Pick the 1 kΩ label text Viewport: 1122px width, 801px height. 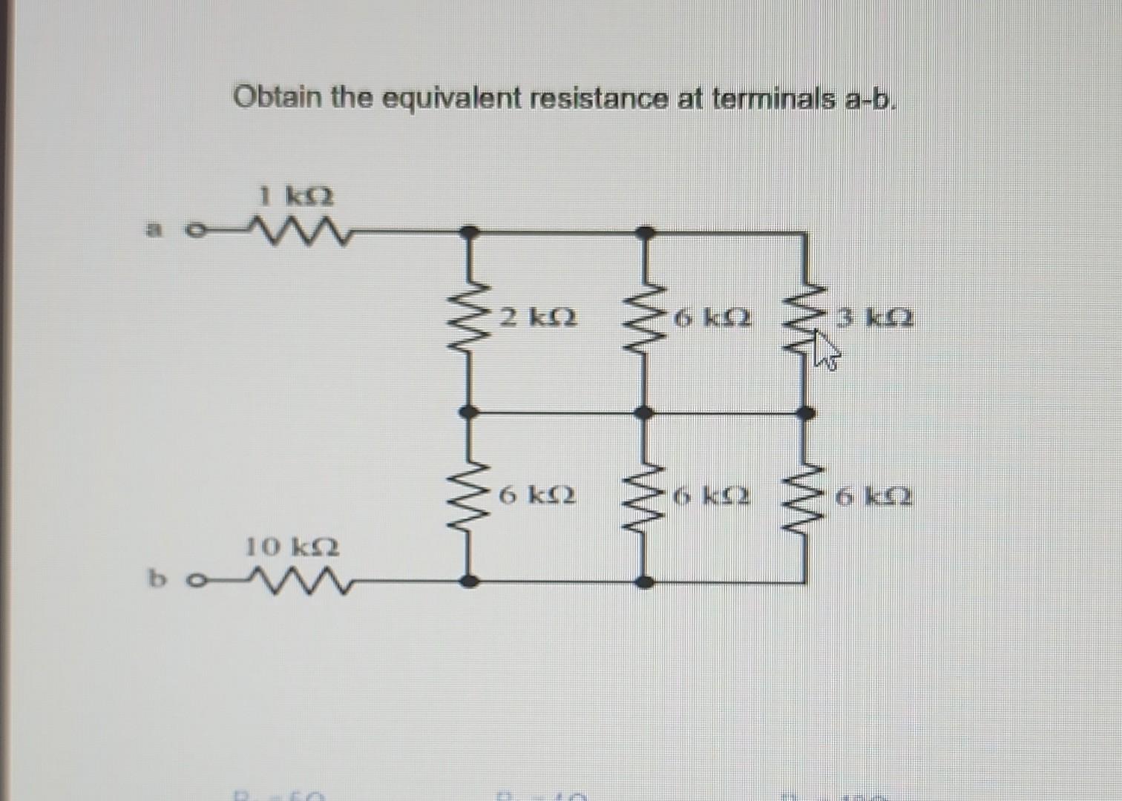[x=296, y=197]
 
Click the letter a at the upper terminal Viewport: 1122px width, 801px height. [x=154, y=230]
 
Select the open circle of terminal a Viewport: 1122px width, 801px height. [x=194, y=231]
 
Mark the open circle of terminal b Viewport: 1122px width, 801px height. [x=195, y=581]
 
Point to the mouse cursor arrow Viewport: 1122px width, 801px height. [x=824, y=350]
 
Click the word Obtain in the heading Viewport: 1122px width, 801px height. [x=279, y=96]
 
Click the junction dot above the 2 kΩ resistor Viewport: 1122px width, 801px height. [x=467, y=232]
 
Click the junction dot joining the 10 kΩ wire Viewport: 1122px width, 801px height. [x=467, y=581]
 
